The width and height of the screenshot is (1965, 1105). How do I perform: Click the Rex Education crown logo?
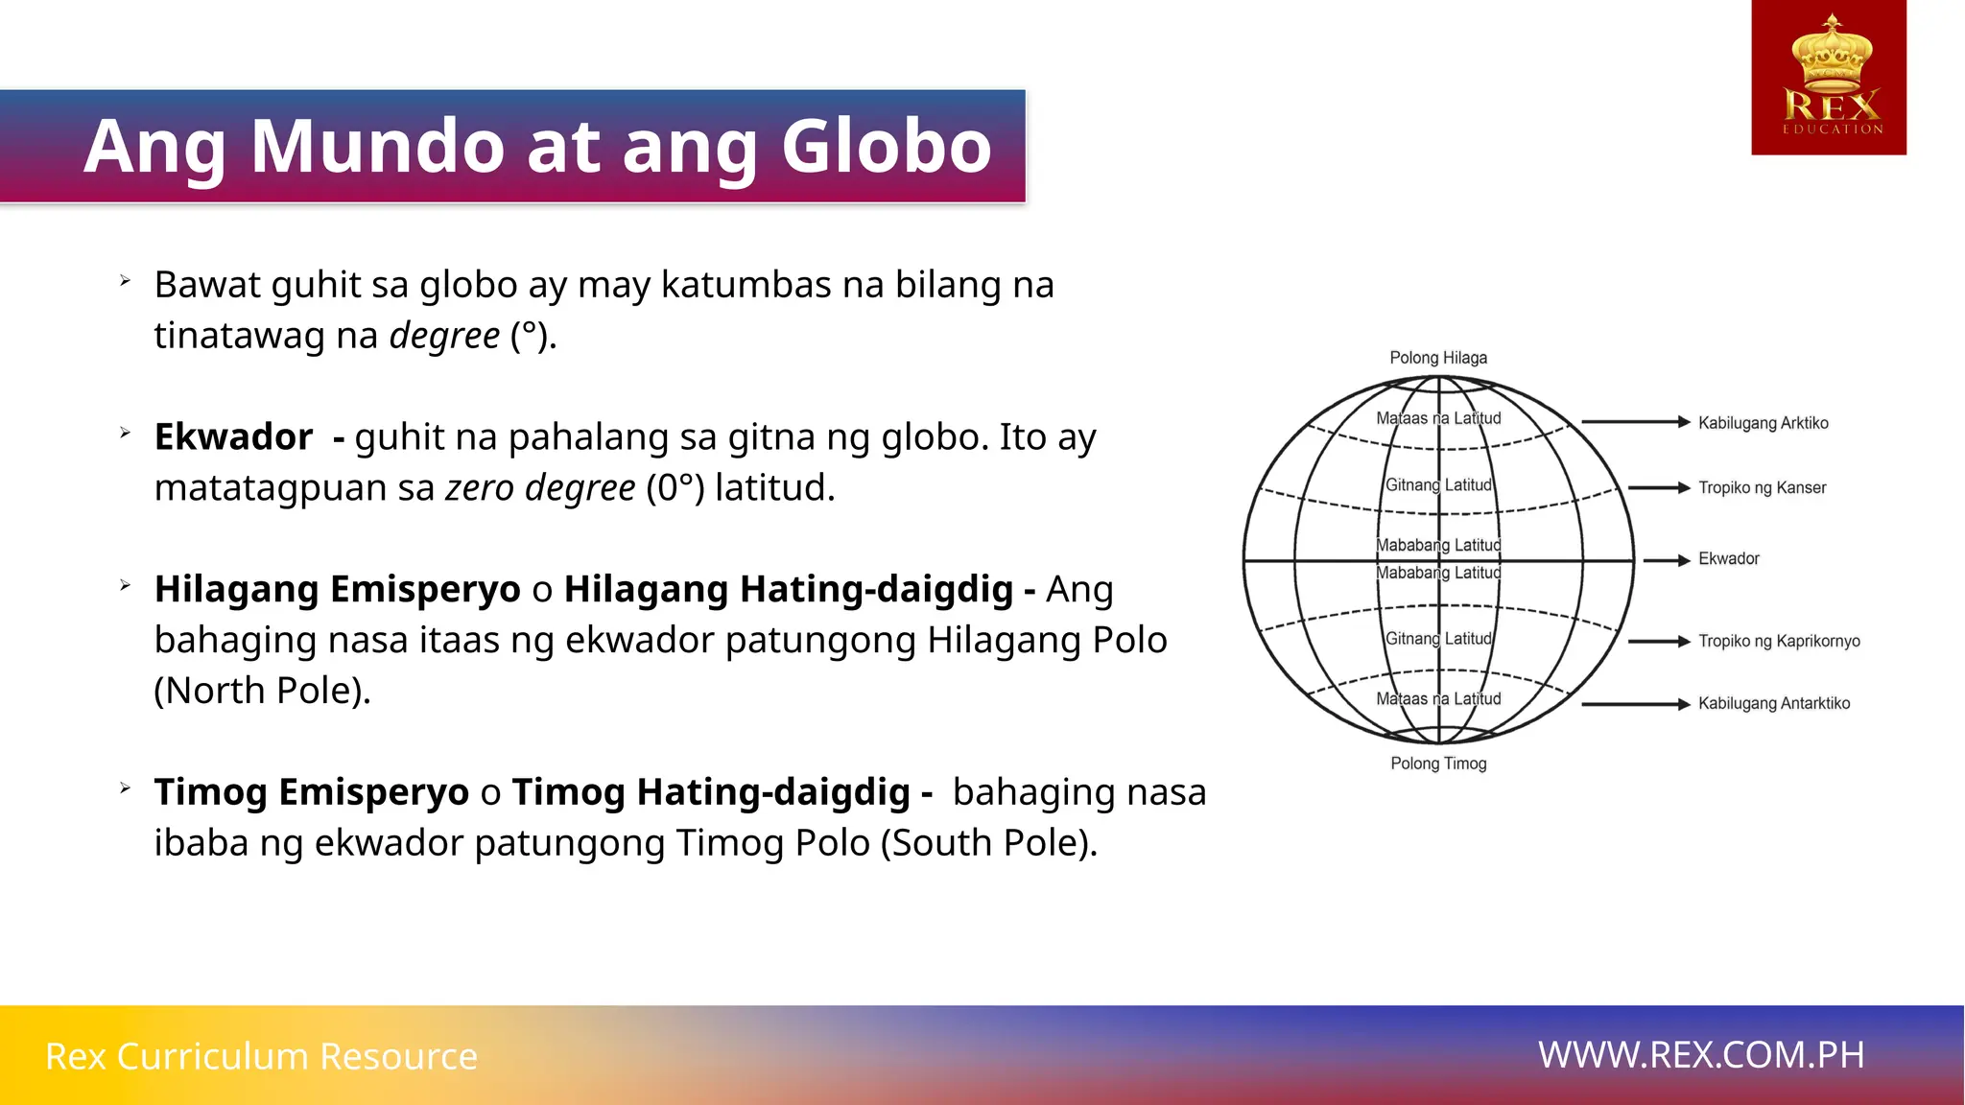tap(1829, 77)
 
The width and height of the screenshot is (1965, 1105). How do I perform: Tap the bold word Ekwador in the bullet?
tap(233, 437)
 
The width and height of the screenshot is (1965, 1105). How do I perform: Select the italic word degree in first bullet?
tap(444, 336)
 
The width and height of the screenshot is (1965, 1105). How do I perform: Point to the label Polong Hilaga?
tap(1438, 358)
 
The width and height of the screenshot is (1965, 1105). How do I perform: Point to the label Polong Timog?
tap(1438, 764)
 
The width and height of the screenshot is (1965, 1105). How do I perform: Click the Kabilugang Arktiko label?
tap(1763, 423)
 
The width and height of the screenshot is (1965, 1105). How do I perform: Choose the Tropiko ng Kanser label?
tap(1762, 487)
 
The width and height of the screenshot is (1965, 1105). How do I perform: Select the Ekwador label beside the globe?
tap(1728, 558)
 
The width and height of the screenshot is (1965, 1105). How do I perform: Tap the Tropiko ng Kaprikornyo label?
tap(1778, 641)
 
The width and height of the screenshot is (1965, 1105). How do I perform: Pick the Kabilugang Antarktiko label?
tap(1773, 703)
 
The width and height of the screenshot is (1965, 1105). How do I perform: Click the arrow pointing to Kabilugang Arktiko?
tap(1635, 421)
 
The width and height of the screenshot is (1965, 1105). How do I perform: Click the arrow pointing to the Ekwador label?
tap(1667, 560)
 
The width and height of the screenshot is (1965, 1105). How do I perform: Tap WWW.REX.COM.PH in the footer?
tap(1701, 1055)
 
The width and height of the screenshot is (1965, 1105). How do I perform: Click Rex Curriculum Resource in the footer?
tap(261, 1056)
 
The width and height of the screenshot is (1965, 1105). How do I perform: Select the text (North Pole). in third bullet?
tap(262, 691)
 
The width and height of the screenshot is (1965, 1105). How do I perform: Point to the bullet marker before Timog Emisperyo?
tap(125, 788)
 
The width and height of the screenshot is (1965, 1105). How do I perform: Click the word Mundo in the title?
tap(377, 147)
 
